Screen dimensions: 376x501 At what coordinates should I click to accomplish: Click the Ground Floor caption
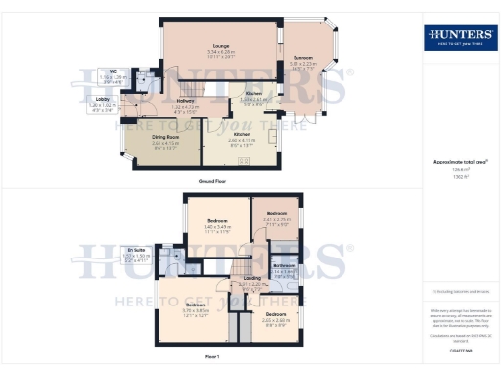tap(213, 182)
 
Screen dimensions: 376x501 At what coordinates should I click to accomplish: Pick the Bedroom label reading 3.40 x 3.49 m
tap(217, 223)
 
